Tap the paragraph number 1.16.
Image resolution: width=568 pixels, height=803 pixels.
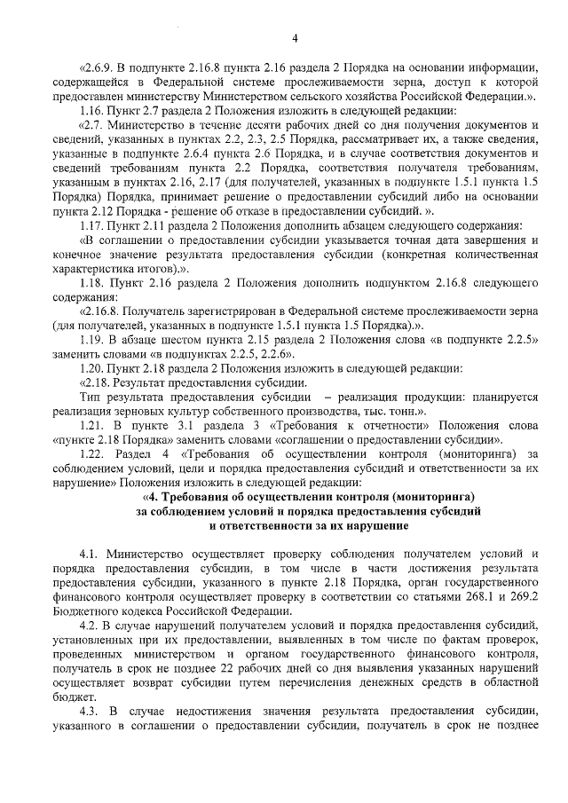pos(93,110)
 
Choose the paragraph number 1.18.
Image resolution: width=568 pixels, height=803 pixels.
pos(94,281)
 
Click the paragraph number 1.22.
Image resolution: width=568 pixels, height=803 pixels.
pos(94,453)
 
